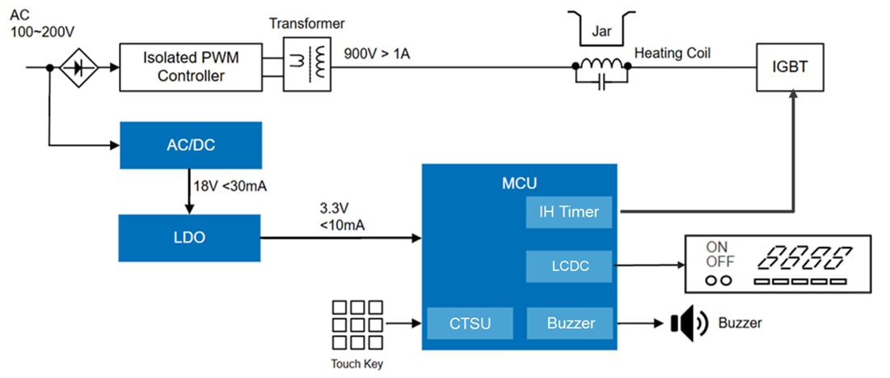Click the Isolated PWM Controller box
point(191,67)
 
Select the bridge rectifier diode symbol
point(79,68)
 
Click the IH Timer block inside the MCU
point(569,212)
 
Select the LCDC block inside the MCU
point(569,266)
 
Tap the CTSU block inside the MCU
point(470,324)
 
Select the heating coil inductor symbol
point(602,65)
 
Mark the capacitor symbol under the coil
point(602,84)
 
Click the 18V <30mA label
point(230,187)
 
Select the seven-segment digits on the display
point(804,258)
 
